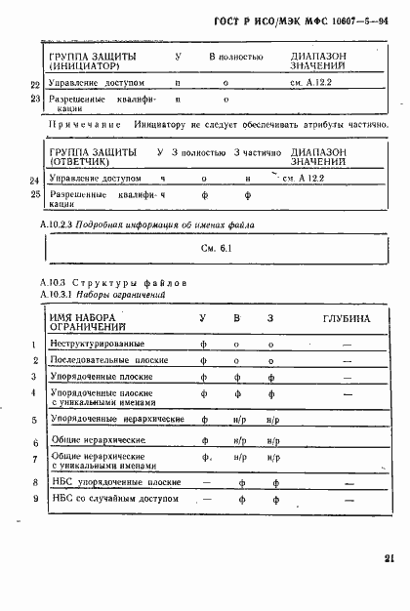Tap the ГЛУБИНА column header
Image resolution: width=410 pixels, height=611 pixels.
click(x=347, y=318)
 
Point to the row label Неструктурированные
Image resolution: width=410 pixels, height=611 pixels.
click(x=96, y=344)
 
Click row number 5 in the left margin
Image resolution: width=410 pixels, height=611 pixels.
click(x=34, y=421)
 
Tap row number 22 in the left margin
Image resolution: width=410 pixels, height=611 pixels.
click(x=35, y=84)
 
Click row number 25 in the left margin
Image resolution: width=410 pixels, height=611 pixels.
click(x=35, y=194)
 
